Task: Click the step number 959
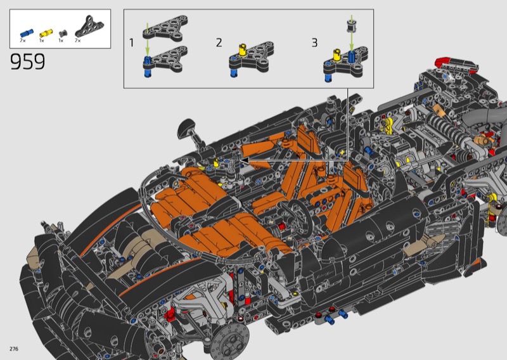click(27, 61)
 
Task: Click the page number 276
click(14, 349)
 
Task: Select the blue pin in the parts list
click(27, 33)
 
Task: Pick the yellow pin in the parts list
click(46, 33)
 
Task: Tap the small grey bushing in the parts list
click(63, 33)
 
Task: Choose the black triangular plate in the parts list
click(89, 26)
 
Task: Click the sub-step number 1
click(131, 42)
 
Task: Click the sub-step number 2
click(219, 42)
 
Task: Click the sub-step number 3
click(314, 42)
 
